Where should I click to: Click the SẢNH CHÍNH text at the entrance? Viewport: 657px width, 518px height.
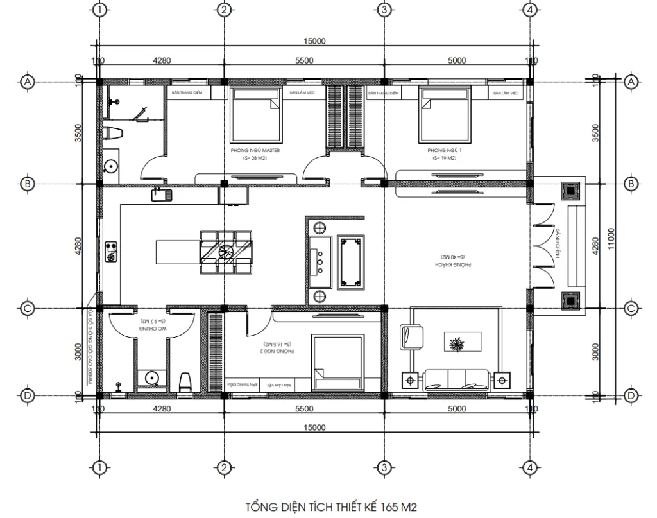click(x=559, y=243)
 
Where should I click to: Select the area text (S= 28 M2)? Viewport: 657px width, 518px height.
click(x=255, y=158)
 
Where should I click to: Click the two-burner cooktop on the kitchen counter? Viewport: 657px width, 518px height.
click(x=110, y=251)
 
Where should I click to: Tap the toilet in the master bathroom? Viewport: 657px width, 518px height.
click(x=115, y=135)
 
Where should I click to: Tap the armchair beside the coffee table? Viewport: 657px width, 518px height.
click(x=411, y=337)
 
